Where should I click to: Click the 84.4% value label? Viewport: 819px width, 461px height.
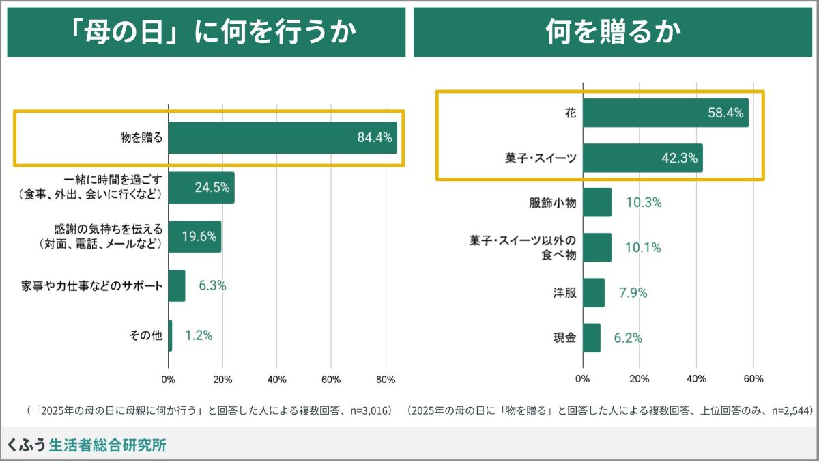(x=375, y=138)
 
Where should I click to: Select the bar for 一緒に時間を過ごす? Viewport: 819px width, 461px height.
(x=201, y=188)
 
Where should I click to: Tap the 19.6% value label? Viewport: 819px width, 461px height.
(x=199, y=237)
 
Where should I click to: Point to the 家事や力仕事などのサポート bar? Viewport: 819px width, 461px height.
(x=177, y=285)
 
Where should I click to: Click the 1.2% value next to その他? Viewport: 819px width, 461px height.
(x=199, y=335)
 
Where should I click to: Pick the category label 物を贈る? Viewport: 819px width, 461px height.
(x=141, y=138)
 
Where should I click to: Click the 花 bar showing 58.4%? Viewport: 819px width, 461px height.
(x=665, y=113)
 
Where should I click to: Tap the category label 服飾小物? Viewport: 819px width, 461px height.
(x=552, y=203)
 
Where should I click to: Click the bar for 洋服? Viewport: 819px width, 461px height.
(x=594, y=293)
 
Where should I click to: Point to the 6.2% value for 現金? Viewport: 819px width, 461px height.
(x=628, y=338)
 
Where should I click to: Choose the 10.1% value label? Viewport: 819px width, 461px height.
(x=644, y=248)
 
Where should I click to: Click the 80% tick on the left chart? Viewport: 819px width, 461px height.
(x=386, y=380)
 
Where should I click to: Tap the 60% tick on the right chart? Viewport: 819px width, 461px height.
(x=753, y=380)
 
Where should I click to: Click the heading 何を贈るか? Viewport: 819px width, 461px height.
(x=614, y=32)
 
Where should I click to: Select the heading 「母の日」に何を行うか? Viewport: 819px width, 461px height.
(x=205, y=32)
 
